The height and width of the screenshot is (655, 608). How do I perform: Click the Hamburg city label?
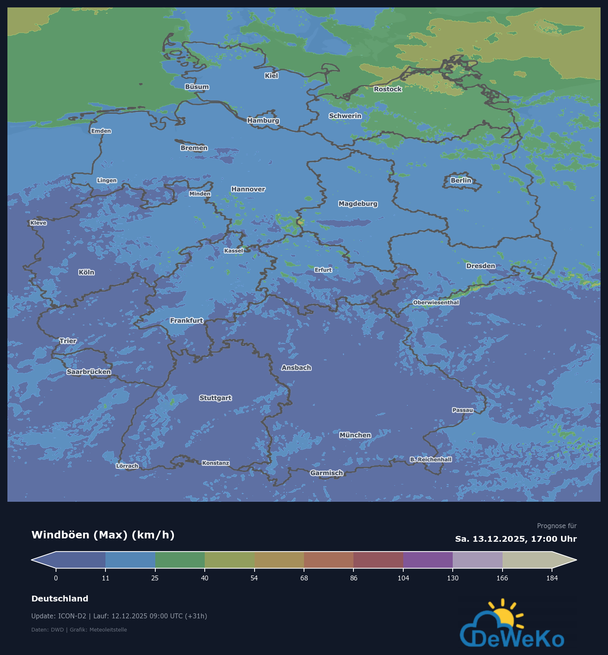coord(263,120)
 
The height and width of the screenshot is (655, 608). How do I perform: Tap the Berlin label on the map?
coord(461,180)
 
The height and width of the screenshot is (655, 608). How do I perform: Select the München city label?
coord(355,435)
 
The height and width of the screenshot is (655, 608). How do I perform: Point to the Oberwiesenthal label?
coord(436,302)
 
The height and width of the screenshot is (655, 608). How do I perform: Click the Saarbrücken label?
coord(89,372)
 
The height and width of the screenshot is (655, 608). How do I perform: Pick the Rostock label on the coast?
coord(388,89)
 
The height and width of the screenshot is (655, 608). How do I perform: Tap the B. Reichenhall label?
coord(430,459)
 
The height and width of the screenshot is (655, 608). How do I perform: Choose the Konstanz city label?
coord(215,463)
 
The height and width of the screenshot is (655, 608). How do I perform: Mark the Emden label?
coord(101,131)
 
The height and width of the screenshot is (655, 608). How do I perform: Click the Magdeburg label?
coord(358,204)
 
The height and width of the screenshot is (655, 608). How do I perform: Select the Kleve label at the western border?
coord(38,223)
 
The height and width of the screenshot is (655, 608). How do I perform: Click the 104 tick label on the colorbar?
coord(403,578)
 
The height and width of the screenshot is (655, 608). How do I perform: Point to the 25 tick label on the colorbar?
coord(155,578)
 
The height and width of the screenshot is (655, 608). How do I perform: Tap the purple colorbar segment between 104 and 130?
coord(428,560)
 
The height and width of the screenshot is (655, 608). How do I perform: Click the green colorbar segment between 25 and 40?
coord(180,560)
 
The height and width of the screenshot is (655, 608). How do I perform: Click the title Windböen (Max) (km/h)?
coord(103,535)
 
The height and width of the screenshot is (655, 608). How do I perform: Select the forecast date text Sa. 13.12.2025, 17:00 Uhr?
coord(516,539)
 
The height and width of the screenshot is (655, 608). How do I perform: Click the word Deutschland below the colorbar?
coord(60,599)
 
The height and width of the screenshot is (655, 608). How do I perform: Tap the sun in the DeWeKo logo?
coord(505,616)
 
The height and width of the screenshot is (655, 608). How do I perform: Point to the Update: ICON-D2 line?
coord(119,616)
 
